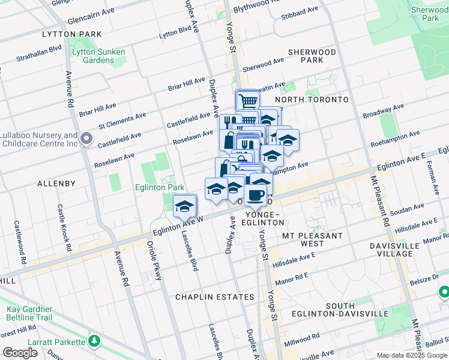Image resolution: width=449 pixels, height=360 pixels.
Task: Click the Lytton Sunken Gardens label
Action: point(98,56)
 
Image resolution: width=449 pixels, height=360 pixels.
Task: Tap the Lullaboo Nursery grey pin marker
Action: point(87,140)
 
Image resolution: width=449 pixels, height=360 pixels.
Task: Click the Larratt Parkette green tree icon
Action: point(94,341)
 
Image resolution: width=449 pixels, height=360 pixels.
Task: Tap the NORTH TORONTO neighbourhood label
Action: point(312,99)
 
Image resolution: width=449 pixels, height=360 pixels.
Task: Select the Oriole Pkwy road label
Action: point(155,260)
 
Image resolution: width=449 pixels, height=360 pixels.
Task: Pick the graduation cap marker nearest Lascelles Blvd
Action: point(185,206)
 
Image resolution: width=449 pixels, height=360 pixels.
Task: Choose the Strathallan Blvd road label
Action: point(40,49)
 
